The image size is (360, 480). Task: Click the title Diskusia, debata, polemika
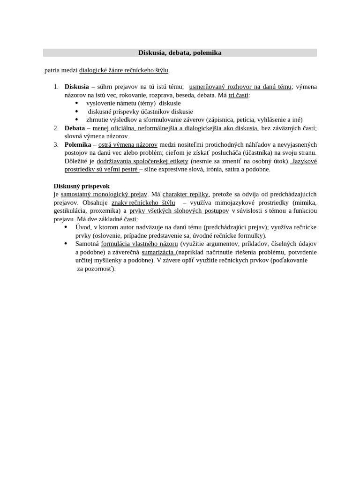(x=180, y=53)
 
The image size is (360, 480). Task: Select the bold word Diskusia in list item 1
(x=76, y=87)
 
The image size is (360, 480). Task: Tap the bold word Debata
(x=75, y=128)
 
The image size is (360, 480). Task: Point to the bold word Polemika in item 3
(x=78, y=144)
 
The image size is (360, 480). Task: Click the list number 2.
(x=56, y=128)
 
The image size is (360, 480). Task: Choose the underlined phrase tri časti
(x=239, y=95)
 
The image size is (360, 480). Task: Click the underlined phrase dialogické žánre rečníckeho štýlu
(x=124, y=70)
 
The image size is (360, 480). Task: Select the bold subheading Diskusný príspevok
(x=82, y=186)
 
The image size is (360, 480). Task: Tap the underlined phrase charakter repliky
(x=185, y=194)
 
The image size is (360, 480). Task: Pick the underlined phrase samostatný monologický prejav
(x=104, y=194)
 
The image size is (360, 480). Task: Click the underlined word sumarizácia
(x=159, y=252)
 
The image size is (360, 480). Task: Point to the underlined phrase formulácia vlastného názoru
(x=139, y=244)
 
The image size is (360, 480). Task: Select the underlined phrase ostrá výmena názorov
(x=127, y=144)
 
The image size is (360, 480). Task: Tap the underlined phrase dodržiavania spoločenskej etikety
(x=142, y=161)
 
